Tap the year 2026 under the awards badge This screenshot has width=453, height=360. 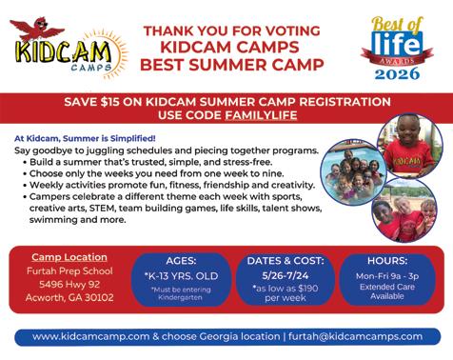(397, 73)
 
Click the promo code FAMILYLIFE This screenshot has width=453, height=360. (261, 115)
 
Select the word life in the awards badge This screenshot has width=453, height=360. (397, 44)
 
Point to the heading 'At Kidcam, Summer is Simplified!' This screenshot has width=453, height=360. (85, 139)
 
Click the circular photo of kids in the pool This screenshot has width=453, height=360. (354, 173)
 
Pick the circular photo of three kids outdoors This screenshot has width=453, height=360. (404, 210)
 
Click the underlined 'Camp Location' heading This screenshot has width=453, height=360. (69, 257)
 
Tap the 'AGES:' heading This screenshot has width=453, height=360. (181, 261)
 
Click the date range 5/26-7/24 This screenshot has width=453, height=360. (286, 275)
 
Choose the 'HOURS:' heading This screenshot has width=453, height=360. (387, 261)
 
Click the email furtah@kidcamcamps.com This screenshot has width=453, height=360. (355, 336)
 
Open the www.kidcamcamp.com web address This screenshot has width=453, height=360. (90, 336)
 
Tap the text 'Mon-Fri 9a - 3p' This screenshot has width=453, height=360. (387, 276)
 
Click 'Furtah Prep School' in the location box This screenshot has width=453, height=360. (69, 271)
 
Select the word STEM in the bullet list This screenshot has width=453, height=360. (102, 209)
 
